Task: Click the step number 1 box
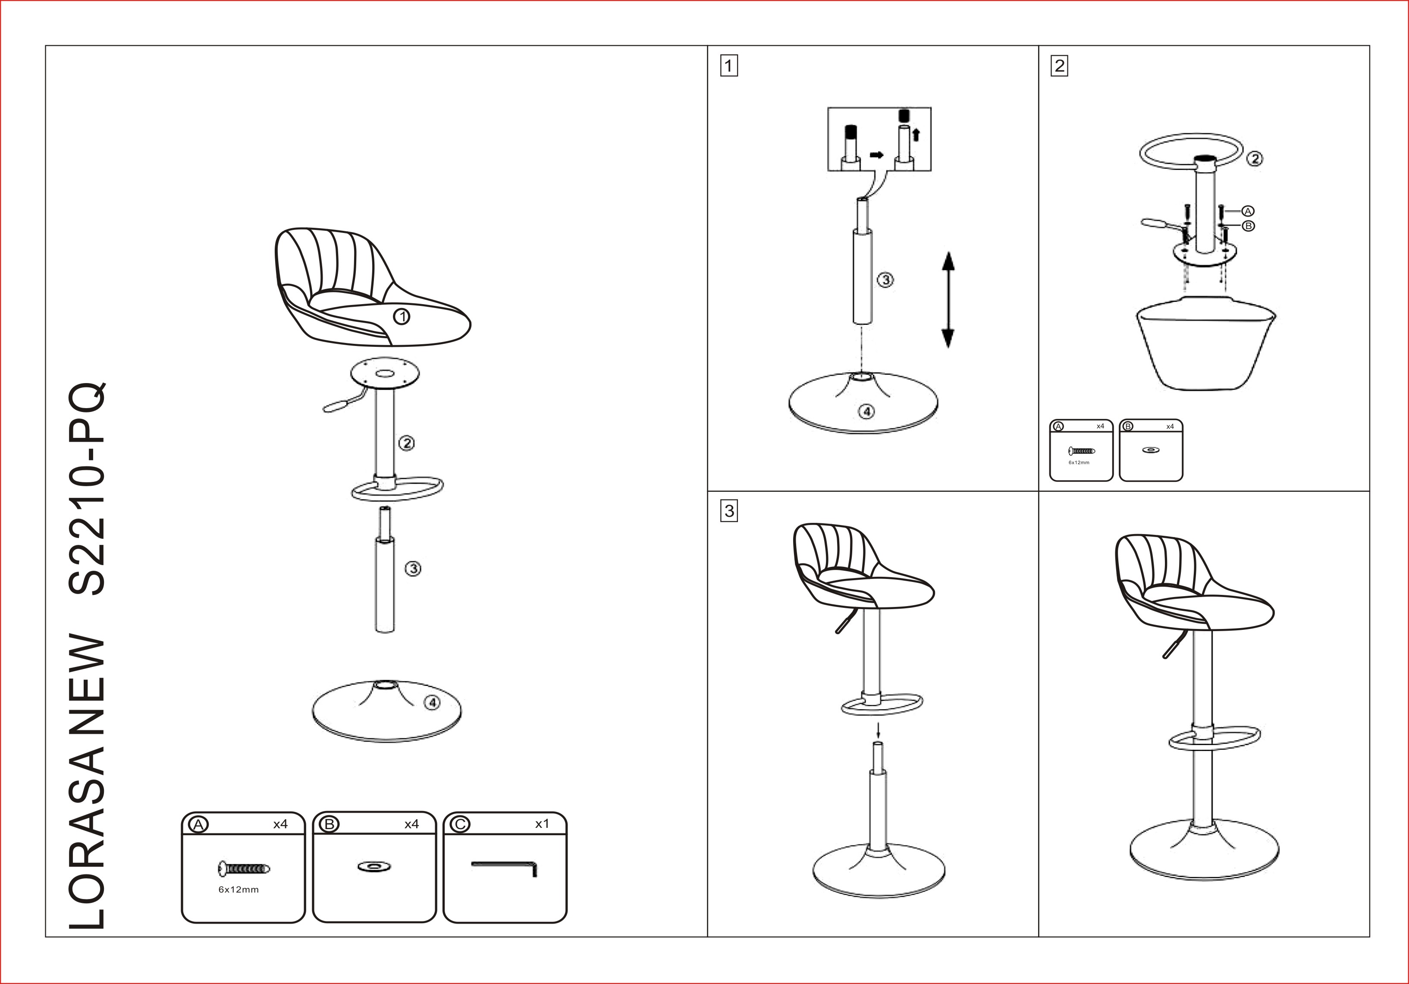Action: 729,66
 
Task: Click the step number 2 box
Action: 1059,66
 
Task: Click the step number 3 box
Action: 729,511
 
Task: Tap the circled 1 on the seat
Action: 402,317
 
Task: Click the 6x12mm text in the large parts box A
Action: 239,890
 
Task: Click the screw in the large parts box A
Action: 244,868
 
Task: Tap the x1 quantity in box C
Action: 542,824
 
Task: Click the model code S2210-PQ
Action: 87,489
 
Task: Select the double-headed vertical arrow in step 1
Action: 948,299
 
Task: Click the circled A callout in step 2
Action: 1248,211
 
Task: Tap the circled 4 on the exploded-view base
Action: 433,702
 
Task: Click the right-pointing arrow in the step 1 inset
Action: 877,155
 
